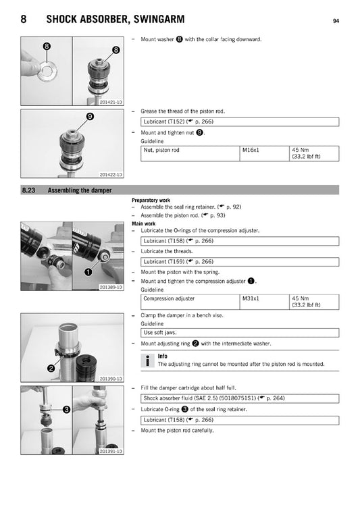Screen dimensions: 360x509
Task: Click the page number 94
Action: [x=336, y=21]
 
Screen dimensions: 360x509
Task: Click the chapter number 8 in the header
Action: [x=24, y=20]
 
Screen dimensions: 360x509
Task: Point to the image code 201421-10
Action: [x=110, y=102]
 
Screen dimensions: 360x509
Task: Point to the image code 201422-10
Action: [x=110, y=175]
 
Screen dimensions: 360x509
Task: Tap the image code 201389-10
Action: [x=110, y=287]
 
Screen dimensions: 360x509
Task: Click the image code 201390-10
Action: [x=110, y=379]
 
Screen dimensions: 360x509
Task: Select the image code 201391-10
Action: [x=110, y=450]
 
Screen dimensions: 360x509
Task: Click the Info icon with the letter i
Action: [x=147, y=360]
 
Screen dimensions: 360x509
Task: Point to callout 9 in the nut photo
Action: [x=89, y=117]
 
